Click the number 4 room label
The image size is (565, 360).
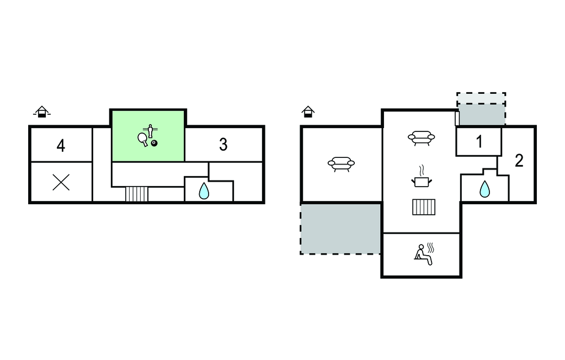point(61,146)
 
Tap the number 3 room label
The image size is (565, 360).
point(223,145)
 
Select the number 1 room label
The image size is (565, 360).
point(479,142)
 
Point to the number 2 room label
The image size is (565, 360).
point(519,161)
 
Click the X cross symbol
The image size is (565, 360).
point(61,182)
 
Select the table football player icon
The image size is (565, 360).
point(151,130)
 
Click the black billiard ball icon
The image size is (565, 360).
point(154,144)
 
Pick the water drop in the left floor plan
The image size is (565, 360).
point(204,191)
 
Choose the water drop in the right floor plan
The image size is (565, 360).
point(484,189)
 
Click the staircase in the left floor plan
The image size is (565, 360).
point(137,194)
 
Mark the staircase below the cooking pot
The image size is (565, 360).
point(424,207)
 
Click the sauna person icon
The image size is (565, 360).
point(423,253)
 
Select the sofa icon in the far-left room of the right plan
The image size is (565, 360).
point(341,164)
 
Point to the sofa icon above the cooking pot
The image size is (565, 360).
point(421,138)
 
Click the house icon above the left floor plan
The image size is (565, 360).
point(41,112)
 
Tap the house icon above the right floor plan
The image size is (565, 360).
point(308,112)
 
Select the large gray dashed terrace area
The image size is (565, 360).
point(340,228)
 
